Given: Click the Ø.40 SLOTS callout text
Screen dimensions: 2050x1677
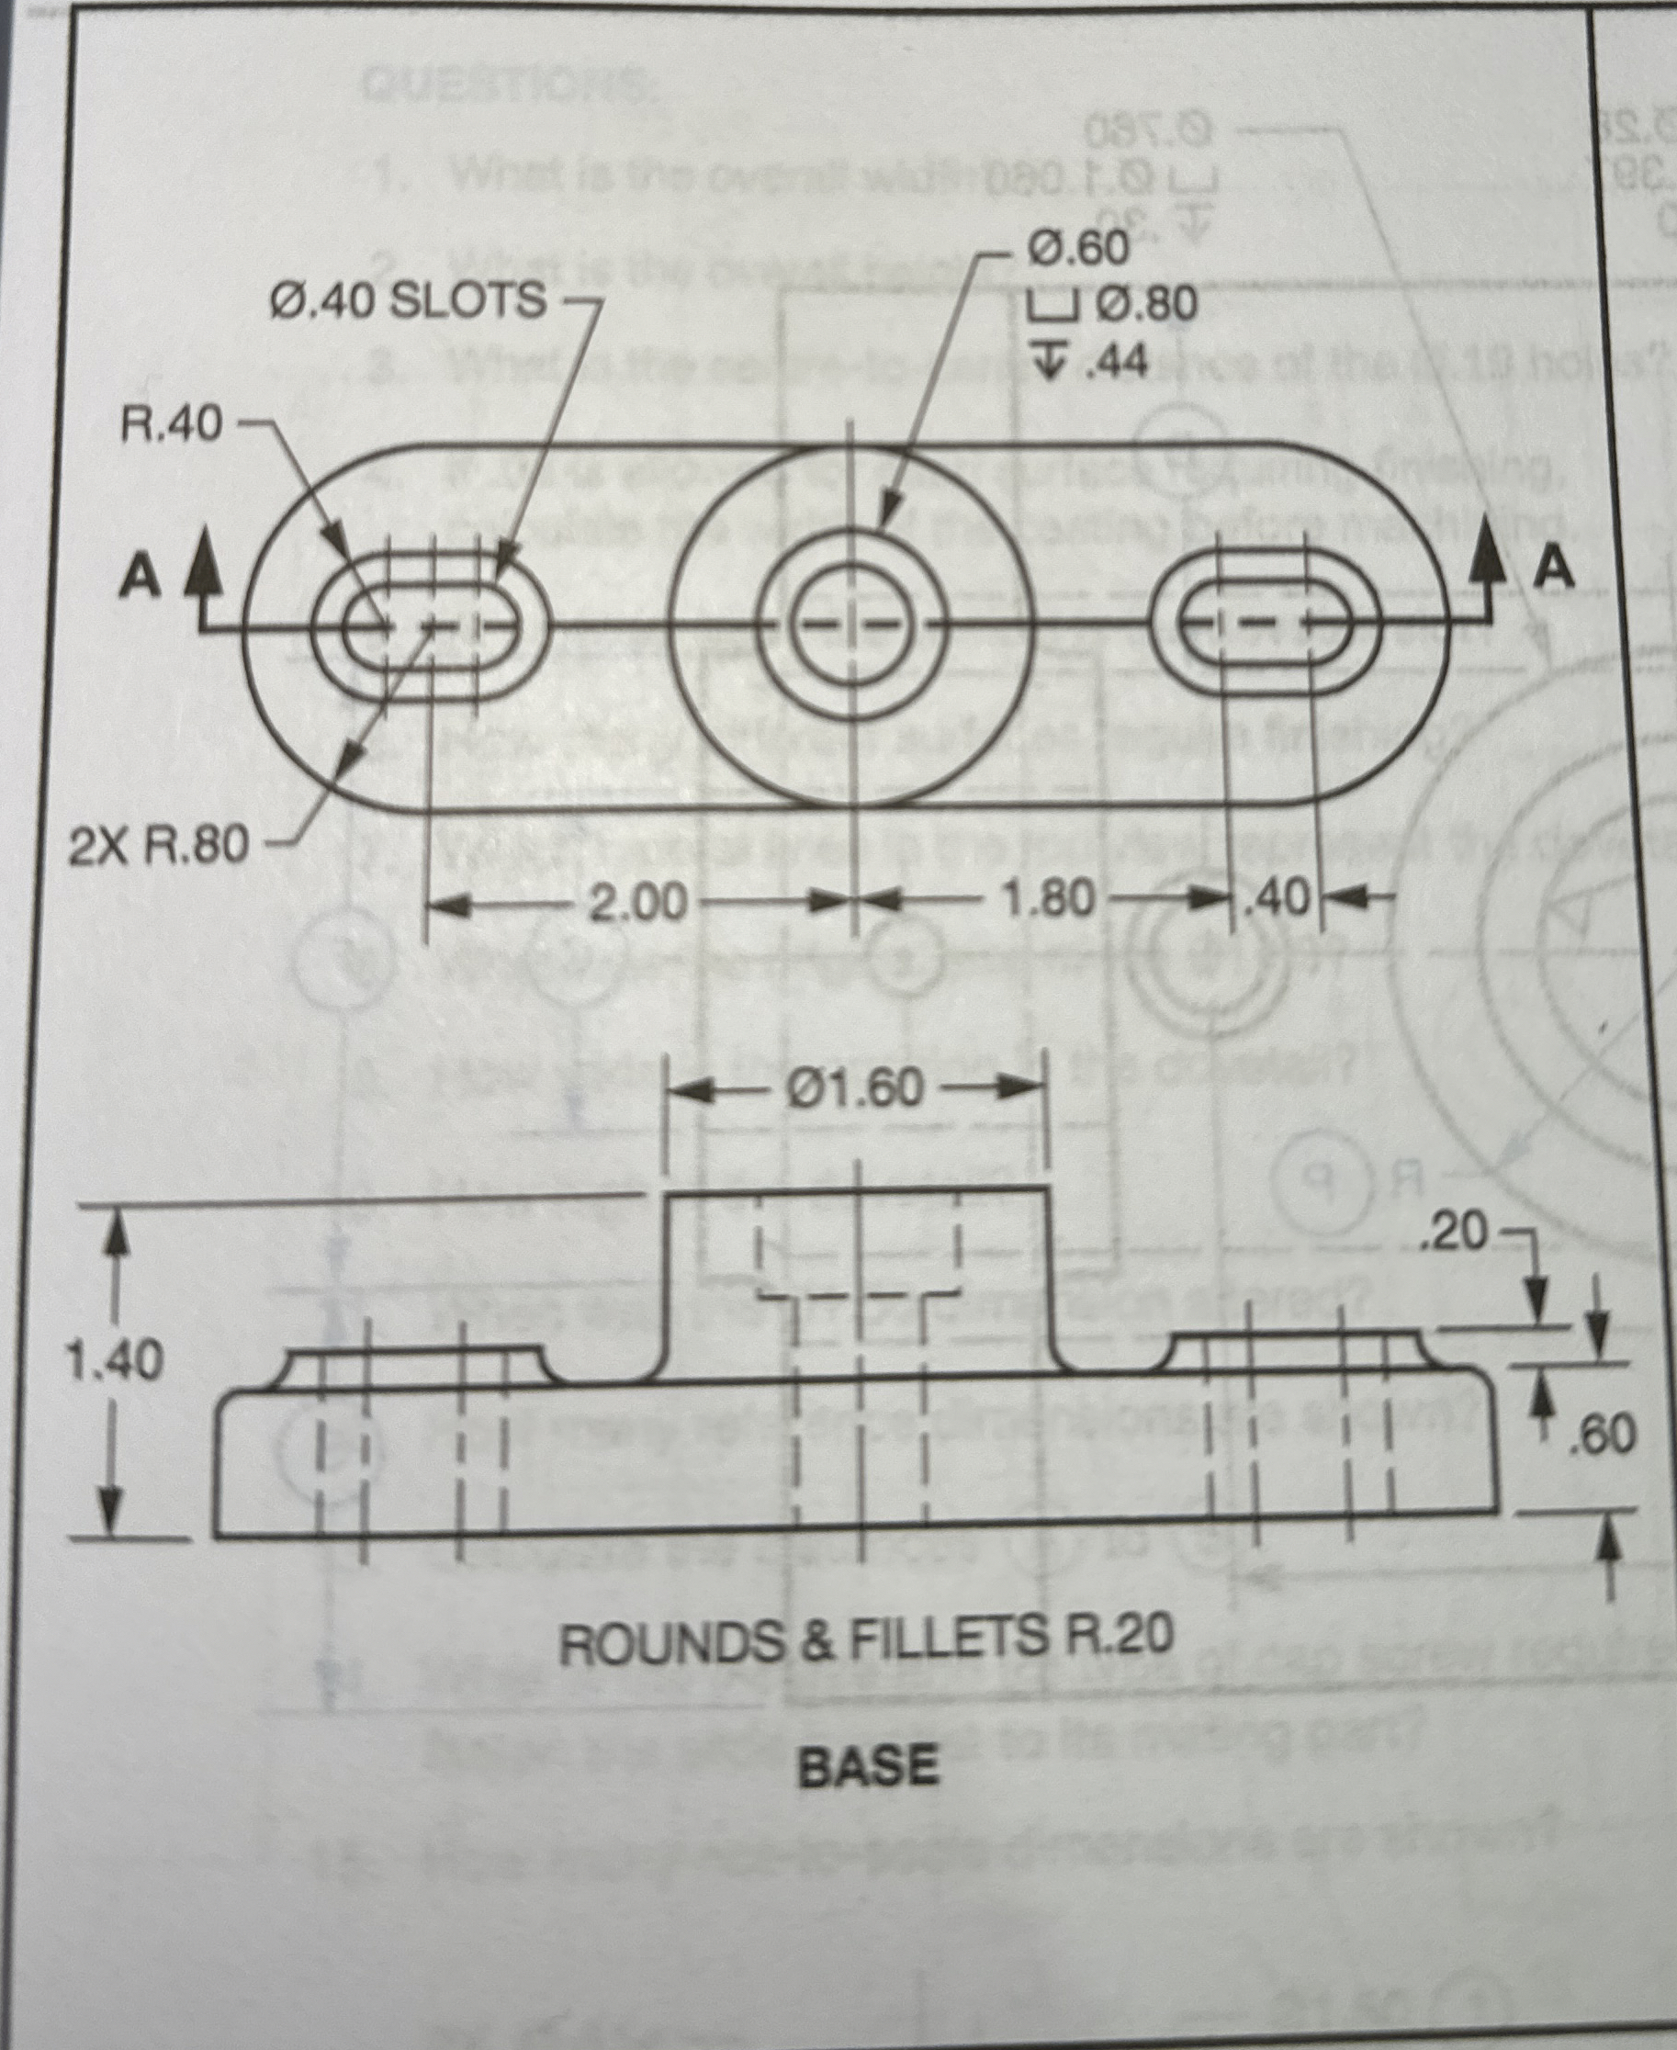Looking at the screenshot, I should coord(407,301).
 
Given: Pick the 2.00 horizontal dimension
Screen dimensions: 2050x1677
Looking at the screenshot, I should coord(638,905).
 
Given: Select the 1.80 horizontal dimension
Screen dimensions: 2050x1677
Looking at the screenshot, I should coord(1050,901).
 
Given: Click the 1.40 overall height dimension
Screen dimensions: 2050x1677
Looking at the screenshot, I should coord(113,1361).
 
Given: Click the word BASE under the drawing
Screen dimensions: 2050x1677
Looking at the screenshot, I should coord(867,1767).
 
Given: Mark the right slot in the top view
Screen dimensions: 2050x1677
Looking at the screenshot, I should coord(1266,622).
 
